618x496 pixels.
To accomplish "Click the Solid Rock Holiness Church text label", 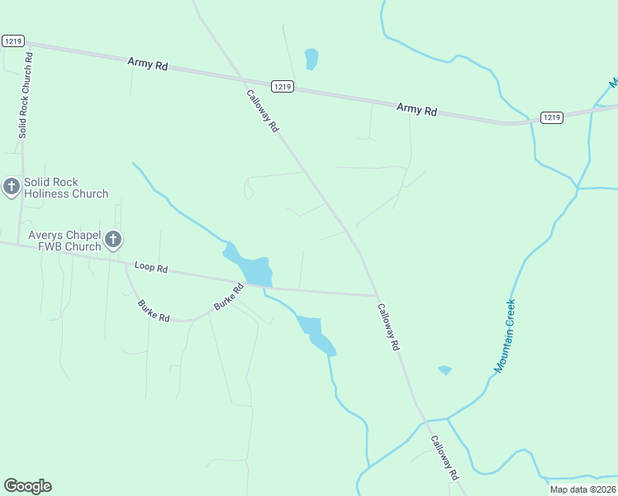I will [66, 188].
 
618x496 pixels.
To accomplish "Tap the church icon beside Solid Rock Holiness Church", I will [12, 187].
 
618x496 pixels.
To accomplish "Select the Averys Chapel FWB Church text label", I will [64, 241].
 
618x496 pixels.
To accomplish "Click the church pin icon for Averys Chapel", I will [113, 241].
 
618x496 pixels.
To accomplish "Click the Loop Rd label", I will [151, 268].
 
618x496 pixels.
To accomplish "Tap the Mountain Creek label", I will [505, 335].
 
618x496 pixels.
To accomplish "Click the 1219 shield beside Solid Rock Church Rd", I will [12, 41].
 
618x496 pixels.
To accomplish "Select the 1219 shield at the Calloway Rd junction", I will [283, 85].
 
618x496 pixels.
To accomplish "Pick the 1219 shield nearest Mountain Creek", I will [552, 117].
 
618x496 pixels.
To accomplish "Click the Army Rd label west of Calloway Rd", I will [148, 64].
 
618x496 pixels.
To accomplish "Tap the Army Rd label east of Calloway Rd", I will [416, 108].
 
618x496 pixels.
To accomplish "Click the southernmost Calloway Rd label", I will [444, 459].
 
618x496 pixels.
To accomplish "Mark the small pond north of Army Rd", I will [311, 59].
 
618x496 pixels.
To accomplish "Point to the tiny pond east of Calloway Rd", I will [445, 370].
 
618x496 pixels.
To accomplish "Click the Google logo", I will [27, 486].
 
